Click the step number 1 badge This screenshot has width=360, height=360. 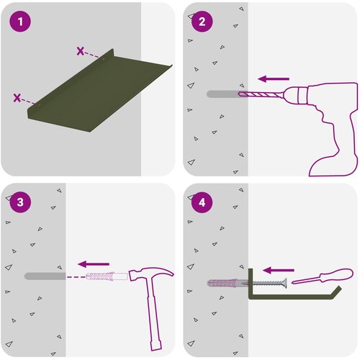coord(20,22)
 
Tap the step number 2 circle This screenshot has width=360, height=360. coord(202,22)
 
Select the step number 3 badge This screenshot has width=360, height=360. coord(20,202)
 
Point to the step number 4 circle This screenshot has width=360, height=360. coord(202,202)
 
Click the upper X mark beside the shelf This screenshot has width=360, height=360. coord(81,51)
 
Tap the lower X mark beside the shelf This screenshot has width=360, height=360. coord(17,98)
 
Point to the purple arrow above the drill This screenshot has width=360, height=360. coord(274,78)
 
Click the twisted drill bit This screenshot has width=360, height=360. coord(261,94)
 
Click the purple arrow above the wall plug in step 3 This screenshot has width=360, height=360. coord(94,264)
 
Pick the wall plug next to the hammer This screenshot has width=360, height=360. coord(107,276)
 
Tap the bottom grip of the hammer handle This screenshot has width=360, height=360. coord(156,344)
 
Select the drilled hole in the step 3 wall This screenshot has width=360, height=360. coord(45,276)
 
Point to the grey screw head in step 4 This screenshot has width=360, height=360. coord(284,283)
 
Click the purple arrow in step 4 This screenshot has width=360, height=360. coord(279,270)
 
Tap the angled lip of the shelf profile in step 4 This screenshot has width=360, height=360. coord(336,292)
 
